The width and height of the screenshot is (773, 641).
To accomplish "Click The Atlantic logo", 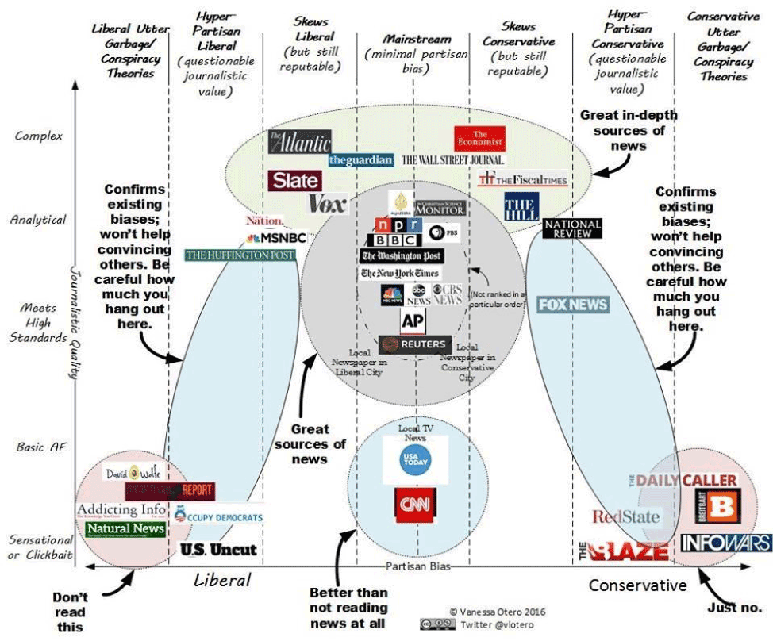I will pyautogui.click(x=299, y=142).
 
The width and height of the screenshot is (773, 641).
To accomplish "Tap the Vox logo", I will pyautogui.click(x=327, y=204).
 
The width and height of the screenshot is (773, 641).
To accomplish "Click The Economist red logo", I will pyautogui.click(x=479, y=138).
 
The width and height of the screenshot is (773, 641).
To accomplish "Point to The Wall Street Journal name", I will pyautogui.click(x=452, y=160).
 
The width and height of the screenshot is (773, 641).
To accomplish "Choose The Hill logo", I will pyautogui.click(x=521, y=206).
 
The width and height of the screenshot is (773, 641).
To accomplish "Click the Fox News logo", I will pyautogui.click(x=573, y=304).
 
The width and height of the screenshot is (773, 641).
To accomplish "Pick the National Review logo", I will pyautogui.click(x=572, y=228).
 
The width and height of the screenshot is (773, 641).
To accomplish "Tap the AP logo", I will pyautogui.click(x=413, y=321).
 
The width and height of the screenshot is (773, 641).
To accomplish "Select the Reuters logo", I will pyautogui.click(x=415, y=345).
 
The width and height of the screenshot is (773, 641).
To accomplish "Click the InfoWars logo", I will pyautogui.click(x=725, y=543).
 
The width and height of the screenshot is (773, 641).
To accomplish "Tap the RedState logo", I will pyautogui.click(x=625, y=517).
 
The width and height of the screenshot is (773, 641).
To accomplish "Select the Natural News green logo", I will pyautogui.click(x=125, y=528).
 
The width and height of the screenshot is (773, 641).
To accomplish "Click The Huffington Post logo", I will pyautogui.click(x=240, y=255).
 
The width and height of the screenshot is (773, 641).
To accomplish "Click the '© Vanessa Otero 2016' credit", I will pyautogui.click(x=497, y=612).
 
